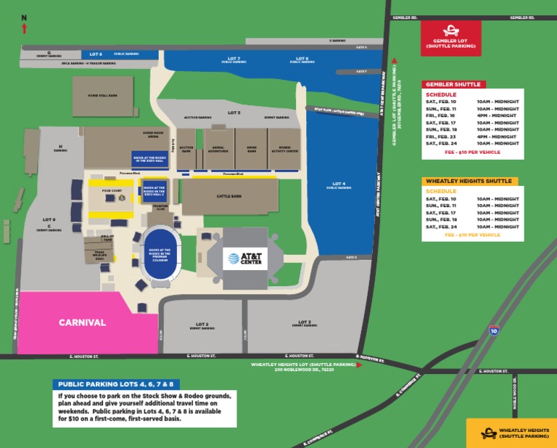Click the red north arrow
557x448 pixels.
25,28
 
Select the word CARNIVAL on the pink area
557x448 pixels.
82,322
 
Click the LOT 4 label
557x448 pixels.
339,184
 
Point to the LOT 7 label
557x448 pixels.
234,59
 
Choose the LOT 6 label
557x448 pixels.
302,59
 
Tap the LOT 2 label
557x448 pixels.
202,324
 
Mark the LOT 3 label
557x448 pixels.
304,322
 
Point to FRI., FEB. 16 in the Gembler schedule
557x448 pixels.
440,115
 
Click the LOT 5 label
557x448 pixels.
234,113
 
